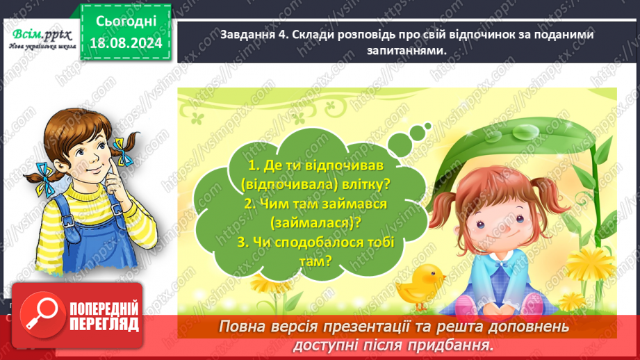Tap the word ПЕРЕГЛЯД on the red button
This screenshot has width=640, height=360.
point(103,325)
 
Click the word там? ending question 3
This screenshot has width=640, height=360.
point(317,261)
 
